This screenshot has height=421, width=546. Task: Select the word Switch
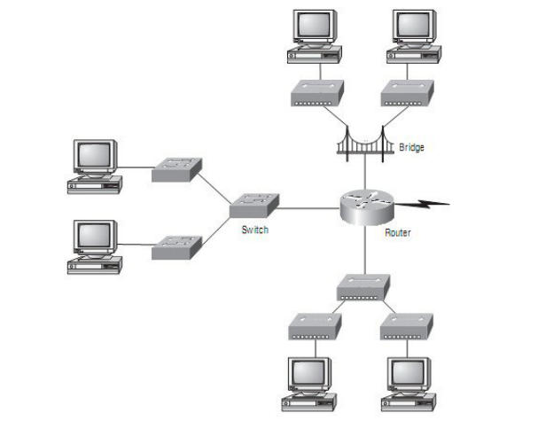coord(254,230)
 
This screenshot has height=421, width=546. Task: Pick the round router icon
coord(364,207)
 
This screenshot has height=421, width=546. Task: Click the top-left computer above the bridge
coord(314,35)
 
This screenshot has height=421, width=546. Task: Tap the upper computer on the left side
coord(94,166)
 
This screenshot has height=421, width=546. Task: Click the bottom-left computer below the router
coord(308,382)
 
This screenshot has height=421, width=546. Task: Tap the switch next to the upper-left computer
coord(176,169)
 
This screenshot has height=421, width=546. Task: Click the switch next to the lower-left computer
coord(176,246)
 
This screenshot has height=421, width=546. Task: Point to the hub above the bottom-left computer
coord(314,327)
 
